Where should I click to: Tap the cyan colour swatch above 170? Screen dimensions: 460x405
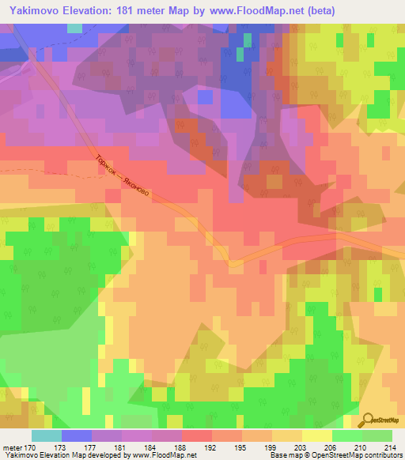pyautogui.click(x=47, y=435)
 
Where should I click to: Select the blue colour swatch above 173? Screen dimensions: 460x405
pyautogui.click(x=77, y=435)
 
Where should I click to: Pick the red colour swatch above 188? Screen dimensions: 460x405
pyautogui.click(x=197, y=435)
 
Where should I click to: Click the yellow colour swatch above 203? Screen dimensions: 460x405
pyautogui.click(x=317, y=435)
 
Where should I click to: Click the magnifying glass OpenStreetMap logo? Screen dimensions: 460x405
pyautogui.click(x=365, y=421)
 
